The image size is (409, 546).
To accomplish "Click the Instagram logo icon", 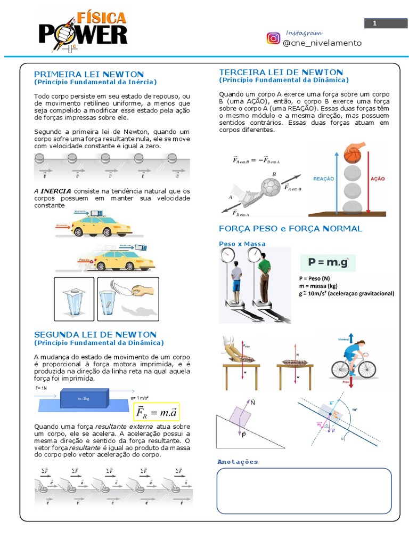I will coord(273,38).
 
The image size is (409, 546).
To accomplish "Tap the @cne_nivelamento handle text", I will coord(322,43).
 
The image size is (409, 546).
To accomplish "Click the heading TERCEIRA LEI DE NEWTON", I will coord(281,72).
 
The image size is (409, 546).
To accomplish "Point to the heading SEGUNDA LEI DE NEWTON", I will coord(95,334).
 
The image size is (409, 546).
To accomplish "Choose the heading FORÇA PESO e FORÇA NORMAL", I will coord(290,228).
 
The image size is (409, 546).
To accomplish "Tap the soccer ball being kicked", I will coord(271,187).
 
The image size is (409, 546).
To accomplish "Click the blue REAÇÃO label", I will coord(323,180).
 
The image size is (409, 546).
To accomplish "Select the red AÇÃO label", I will coord(378,180).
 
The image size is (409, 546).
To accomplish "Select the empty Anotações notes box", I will coord(304,490).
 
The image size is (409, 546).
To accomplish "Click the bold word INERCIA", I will coord(56,191).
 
